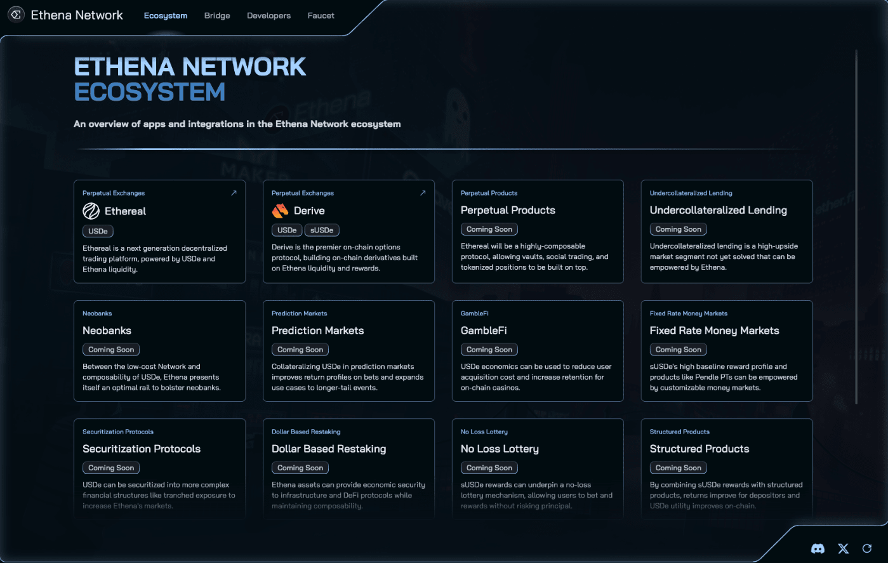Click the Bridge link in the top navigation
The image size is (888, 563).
pos(217,15)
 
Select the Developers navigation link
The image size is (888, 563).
pos(268,15)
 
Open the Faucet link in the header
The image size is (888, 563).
pos(321,15)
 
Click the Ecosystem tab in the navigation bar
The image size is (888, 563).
pos(166,15)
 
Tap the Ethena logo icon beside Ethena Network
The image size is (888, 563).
pos(16,15)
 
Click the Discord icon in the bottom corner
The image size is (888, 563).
pos(818,548)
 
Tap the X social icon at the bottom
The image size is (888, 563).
pos(843,548)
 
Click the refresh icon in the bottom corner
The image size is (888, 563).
pos(867,548)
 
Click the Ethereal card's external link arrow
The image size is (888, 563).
pos(234,193)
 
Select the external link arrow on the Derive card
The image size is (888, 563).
pos(423,193)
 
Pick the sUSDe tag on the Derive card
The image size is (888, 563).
pos(322,230)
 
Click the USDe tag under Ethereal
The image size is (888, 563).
pos(98,231)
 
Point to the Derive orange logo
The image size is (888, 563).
pos(281,211)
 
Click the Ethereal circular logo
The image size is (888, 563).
pos(91,211)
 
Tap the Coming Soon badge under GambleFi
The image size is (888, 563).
pos(489,349)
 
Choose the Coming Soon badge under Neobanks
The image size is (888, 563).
pos(111,349)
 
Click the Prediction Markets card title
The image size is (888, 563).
pos(317,330)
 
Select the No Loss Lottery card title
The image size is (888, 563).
pos(500,449)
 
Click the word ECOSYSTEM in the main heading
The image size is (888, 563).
pos(149,91)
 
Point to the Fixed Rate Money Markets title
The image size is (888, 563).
pos(714,331)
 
